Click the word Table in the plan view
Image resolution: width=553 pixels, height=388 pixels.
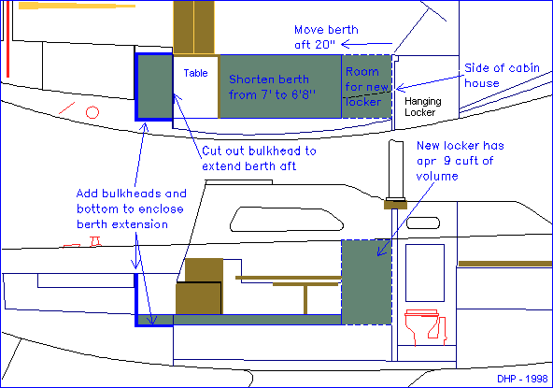195,73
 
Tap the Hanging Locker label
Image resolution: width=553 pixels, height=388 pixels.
423,107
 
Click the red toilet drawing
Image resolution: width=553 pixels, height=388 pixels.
426,327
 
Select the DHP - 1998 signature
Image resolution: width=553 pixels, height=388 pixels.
522,379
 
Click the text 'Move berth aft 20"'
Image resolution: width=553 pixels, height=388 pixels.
326,36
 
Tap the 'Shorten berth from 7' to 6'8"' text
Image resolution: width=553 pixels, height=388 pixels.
272,87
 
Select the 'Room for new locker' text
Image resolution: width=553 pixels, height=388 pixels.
366,87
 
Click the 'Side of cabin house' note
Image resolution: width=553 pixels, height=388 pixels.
502,75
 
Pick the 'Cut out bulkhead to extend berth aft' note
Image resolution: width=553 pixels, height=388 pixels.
259,159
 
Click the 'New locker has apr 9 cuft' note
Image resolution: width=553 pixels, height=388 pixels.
460,161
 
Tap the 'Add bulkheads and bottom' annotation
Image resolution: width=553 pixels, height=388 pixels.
131,208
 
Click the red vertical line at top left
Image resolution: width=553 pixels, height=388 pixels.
7,39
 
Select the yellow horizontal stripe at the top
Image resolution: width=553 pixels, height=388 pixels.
77,6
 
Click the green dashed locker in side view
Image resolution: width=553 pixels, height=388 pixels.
366,282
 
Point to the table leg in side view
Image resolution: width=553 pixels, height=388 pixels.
305,299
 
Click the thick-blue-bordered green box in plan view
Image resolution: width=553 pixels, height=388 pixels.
154,87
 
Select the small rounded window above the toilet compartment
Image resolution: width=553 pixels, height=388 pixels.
423,223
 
